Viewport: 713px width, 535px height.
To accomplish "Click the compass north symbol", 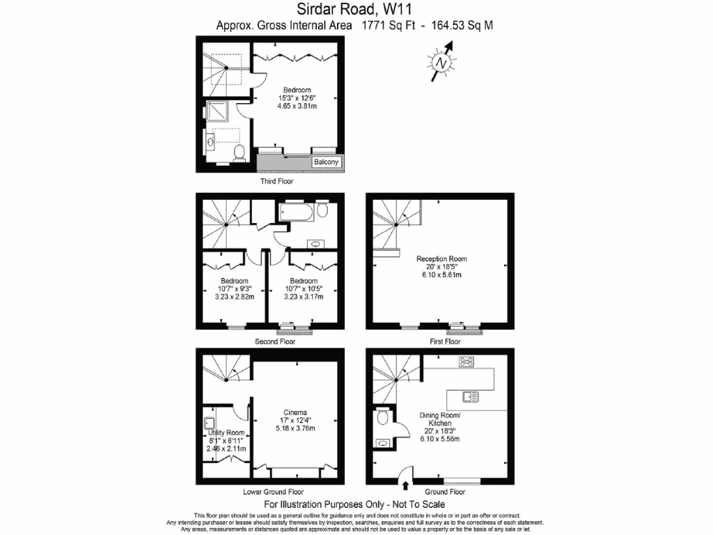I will [441, 62].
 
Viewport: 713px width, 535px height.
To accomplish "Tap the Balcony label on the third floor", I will [326, 162].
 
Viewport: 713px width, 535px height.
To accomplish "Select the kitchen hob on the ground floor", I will [466, 362].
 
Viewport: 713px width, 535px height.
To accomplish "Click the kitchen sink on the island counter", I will [470, 397].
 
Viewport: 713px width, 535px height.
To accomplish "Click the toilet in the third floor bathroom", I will [238, 153].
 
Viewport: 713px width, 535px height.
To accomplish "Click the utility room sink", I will [210, 423].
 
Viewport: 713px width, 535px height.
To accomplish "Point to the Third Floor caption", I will [276, 181].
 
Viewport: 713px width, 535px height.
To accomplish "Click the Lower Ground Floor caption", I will [273, 491].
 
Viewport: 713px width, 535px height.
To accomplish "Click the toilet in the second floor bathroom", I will [322, 209].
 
